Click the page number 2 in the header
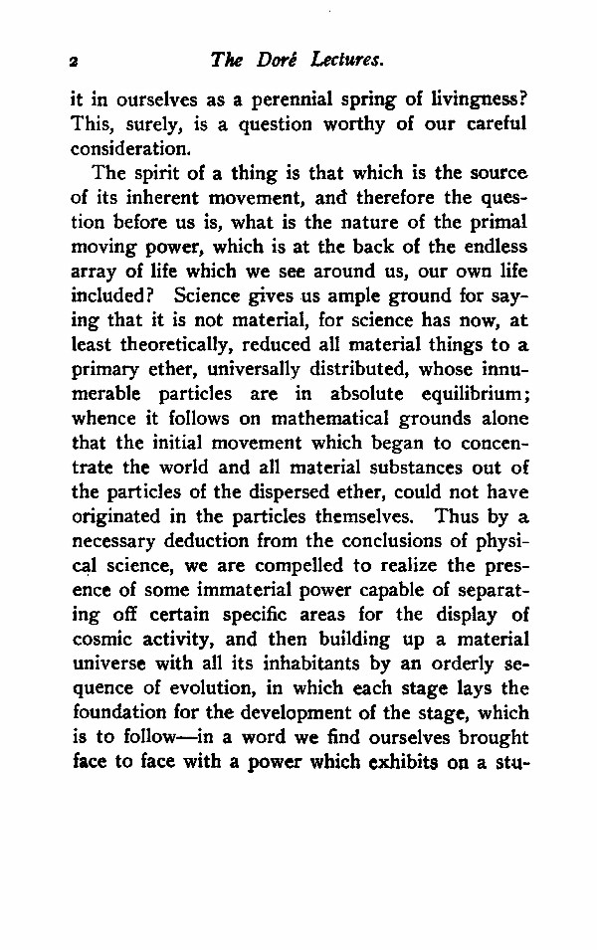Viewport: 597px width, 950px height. pos(74,62)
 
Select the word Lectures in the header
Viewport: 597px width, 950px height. pos(347,61)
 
